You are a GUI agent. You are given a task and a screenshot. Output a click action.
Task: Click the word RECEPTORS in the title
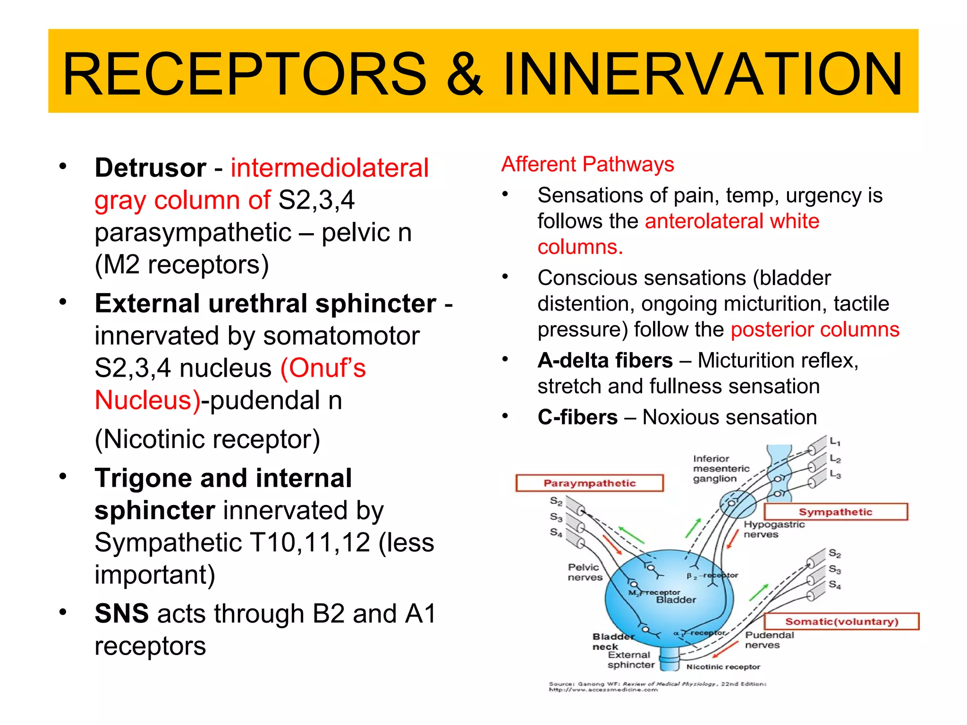[245, 75]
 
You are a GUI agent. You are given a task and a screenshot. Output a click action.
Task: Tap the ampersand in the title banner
[465, 75]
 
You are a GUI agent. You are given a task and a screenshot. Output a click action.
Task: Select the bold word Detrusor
[150, 168]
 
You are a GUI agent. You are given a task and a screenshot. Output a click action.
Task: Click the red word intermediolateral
[329, 168]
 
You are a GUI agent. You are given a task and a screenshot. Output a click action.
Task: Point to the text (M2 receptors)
[182, 264]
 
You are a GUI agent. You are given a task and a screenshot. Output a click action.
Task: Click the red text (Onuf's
[323, 368]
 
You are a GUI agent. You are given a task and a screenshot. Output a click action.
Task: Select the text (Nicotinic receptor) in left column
[207, 439]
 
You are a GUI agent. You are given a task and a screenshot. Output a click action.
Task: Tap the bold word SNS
[121, 613]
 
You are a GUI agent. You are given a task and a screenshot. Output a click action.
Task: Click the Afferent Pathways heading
[587, 164]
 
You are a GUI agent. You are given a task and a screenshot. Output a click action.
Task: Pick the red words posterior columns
[814, 329]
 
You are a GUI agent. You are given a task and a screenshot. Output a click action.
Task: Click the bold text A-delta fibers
[605, 361]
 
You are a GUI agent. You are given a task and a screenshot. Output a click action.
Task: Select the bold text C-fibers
[577, 417]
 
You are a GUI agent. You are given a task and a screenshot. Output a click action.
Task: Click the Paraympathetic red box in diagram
[589, 483]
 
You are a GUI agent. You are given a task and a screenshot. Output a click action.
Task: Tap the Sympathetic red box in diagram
[835, 512]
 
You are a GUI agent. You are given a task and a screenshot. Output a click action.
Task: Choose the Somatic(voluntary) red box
[841, 622]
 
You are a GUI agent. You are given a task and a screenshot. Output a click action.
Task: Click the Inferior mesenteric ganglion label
[720, 469]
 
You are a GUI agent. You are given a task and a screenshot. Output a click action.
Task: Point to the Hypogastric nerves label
[773, 529]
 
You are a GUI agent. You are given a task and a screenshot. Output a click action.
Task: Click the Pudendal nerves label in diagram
[769, 640]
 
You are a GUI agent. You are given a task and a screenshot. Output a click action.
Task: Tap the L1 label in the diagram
[835, 442]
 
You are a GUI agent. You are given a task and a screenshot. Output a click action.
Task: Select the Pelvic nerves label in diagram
[585, 572]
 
